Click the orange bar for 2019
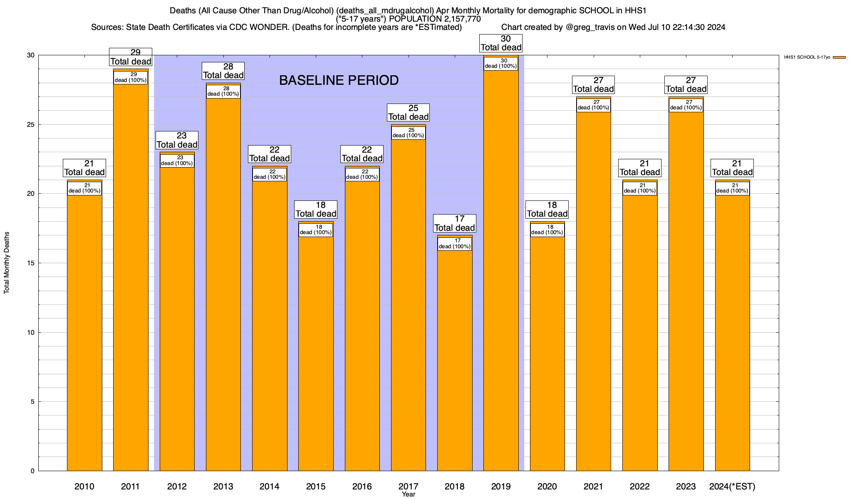pos(501,270)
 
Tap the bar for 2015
pos(316,353)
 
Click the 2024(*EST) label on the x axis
pos(732,486)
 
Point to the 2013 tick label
pos(223,486)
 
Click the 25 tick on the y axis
pos(30,125)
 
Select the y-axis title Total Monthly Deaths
pos(7,263)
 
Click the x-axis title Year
pos(409,494)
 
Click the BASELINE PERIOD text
pos(339,80)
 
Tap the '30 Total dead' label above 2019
pos(501,43)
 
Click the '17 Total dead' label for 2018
pos(455,223)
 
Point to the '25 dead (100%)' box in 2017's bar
pos(409,133)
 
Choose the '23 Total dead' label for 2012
pos(177,140)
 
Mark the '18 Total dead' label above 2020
pos(547,210)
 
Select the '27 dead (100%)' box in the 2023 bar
pos(686,105)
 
